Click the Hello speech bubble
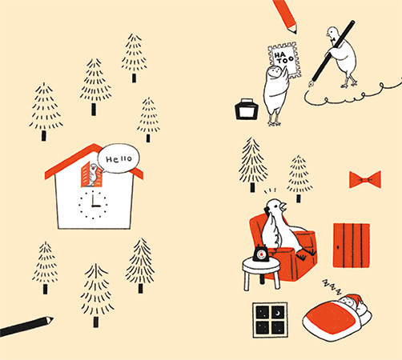pos(119,158)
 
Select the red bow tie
pos(365,179)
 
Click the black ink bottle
pos(247,109)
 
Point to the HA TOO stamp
pos(284,60)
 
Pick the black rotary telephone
pos(261,253)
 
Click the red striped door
pos(352,246)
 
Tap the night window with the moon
pos(270,320)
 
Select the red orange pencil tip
pos(294,30)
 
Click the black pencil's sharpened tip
pos(50,319)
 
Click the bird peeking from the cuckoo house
pos(93,174)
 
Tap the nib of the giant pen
pos(312,83)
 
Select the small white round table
pos(261,272)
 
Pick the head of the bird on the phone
pos(276,206)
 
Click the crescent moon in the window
pos(278,313)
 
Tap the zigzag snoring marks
pos(332,287)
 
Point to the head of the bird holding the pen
pos(332,34)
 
